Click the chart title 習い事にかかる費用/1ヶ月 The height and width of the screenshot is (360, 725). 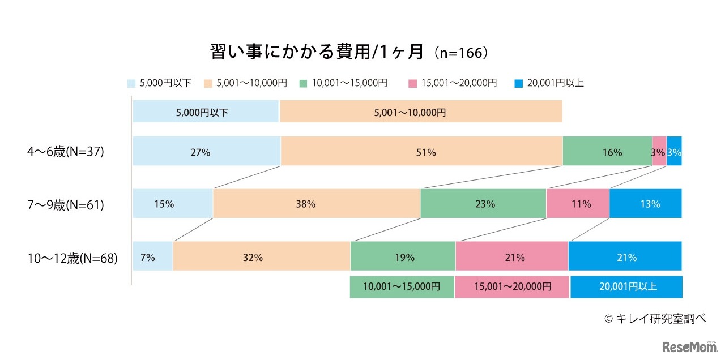[317, 52]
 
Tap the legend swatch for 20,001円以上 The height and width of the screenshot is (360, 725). [519, 83]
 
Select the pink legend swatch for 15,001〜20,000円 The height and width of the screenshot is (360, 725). [412, 83]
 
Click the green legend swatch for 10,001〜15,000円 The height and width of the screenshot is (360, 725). [303, 83]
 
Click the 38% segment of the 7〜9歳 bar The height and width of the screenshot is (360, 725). [317, 204]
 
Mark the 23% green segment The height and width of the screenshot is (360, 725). [483, 204]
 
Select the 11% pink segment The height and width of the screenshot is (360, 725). [578, 204]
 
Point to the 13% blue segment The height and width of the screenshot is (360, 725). [646, 204]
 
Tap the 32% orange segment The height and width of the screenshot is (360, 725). [262, 256]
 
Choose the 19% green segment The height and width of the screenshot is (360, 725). [403, 256]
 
